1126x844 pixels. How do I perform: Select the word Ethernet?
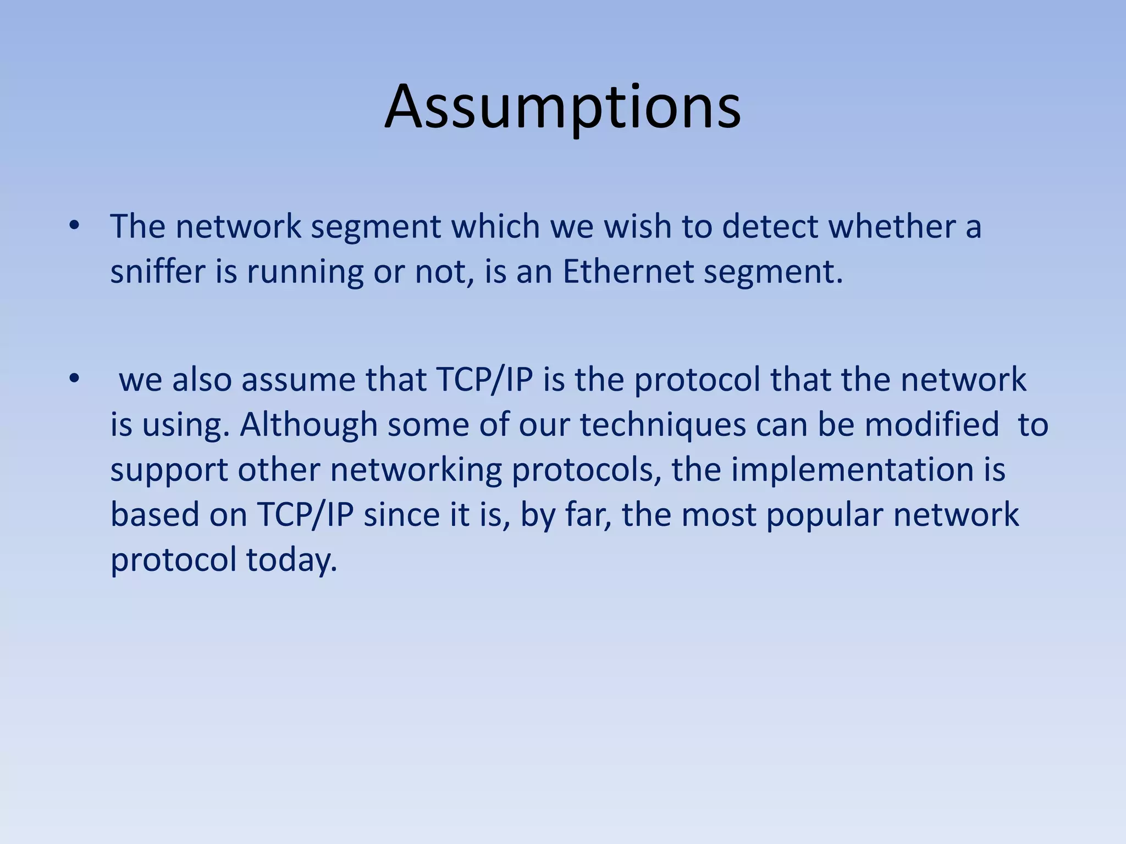[x=627, y=271]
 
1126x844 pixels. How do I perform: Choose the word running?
[x=305, y=273]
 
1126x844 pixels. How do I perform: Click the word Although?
[x=308, y=425]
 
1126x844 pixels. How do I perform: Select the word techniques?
[x=663, y=425]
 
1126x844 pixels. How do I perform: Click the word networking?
[x=416, y=470]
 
